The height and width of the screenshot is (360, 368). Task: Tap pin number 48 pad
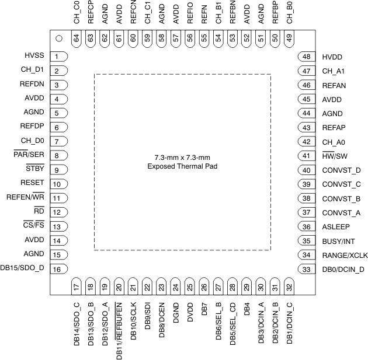click(x=306, y=57)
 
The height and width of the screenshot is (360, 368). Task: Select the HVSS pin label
click(x=34, y=57)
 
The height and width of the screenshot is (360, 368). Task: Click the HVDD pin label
click(x=332, y=57)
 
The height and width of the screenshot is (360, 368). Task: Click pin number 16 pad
click(x=58, y=269)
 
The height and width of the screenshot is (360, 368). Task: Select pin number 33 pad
click(x=306, y=269)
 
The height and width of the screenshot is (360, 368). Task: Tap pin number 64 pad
click(x=76, y=38)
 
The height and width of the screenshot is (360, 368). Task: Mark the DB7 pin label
click(x=204, y=310)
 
